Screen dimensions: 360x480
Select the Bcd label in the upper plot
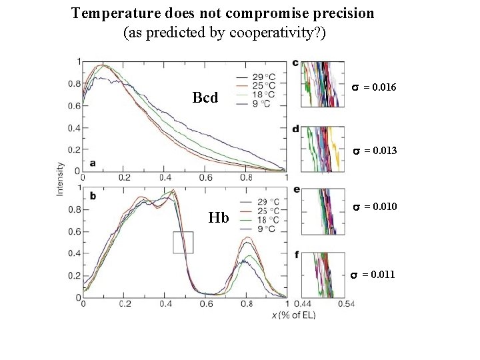point(205,98)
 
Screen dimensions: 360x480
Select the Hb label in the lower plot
point(219,217)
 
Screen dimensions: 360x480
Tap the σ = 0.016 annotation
point(374,87)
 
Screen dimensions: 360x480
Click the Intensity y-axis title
point(60,179)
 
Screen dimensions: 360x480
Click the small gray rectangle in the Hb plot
point(183,243)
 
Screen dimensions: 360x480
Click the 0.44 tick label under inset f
point(303,304)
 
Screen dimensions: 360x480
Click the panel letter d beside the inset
point(295,129)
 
